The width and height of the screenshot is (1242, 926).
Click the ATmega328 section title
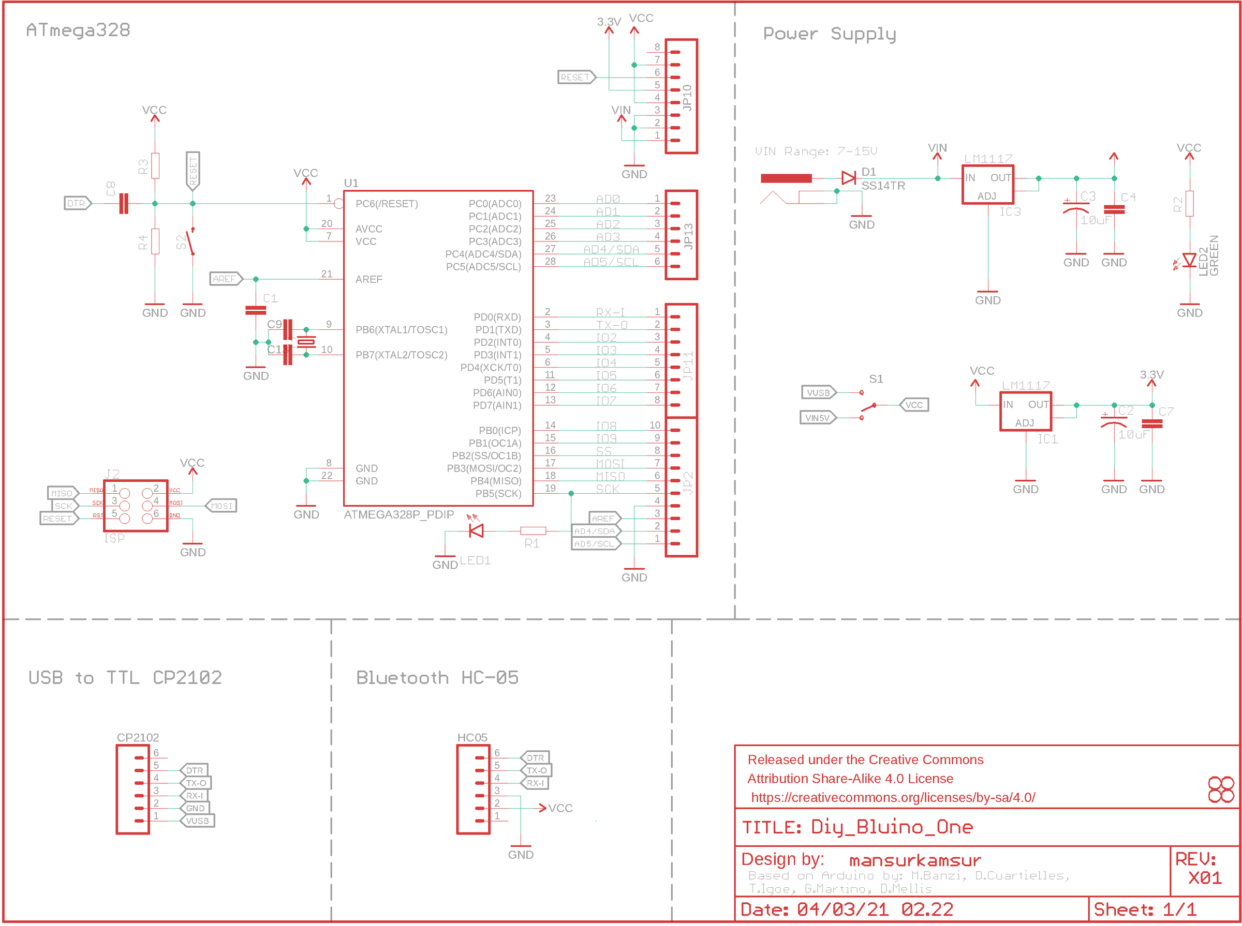click(x=78, y=31)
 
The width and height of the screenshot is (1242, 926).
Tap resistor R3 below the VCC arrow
click(x=155, y=166)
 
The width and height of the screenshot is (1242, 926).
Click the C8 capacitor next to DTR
click(x=123, y=204)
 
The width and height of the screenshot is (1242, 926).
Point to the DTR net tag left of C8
click(x=77, y=204)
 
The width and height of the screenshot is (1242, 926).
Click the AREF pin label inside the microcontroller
click(x=368, y=279)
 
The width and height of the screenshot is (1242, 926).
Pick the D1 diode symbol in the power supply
click(x=848, y=178)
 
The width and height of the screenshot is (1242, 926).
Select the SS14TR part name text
click(x=882, y=186)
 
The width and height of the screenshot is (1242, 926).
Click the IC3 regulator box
click(x=987, y=185)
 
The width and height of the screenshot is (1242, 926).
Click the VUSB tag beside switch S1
click(x=819, y=393)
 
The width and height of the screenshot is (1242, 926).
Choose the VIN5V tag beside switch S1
click(x=817, y=418)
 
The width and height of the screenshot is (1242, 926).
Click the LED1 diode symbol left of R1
click(x=476, y=530)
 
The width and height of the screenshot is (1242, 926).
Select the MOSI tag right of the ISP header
click(x=221, y=506)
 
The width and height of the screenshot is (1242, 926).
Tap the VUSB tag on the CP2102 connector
click(x=198, y=821)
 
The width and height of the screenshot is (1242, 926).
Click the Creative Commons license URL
click(x=893, y=797)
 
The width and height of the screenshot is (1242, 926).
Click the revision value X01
click(x=1204, y=878)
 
